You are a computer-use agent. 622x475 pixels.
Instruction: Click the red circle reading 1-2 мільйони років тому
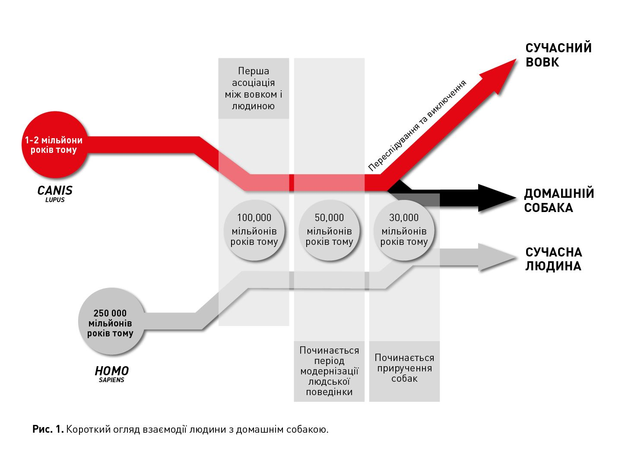pyautogui.click(x=54, y=145)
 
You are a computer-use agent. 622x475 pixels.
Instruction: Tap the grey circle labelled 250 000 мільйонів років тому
pyautogui.click(x=110, y=322)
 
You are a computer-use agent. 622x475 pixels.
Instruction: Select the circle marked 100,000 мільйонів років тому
pyautogui.click(x=254, y=230)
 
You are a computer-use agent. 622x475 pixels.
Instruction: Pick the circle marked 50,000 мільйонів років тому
pyautogui.click(x=329, y=230)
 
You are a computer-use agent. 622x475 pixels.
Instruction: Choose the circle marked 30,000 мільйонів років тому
pyautogui.click(x=404, y=230)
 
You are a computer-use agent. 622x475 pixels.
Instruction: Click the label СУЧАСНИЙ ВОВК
pyautogui.click(x=558, y=55)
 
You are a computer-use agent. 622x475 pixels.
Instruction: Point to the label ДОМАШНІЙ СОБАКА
pyautogui.click(x=559, y=200)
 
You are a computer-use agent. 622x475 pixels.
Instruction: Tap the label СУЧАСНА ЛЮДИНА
pyautogui.click(x=553, y=259)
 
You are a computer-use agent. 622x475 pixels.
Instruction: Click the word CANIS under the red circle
pyautogui.click(x=55, y=190)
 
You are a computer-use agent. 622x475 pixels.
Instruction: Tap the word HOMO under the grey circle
pyautogui.click(x=111, y=371)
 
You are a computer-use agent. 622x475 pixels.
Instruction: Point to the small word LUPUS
pyautogui.click(x=55, y=200)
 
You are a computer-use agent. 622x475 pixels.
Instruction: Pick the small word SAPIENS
pyautogui.click(x=111, y=380)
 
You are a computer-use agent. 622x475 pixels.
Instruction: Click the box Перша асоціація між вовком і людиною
pyautogui.click(x=254, y=89)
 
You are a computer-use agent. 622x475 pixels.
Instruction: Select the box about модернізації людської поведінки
pyautogui.click(x=329, y=371)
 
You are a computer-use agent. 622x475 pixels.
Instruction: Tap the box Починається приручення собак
pyautogui.click(x=404, y=368)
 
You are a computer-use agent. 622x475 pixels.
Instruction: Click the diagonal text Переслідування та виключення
pyautogui.click(x=417, y=125)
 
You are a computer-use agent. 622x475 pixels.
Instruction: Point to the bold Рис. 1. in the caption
pyautogui.click(x=48, y=429)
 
